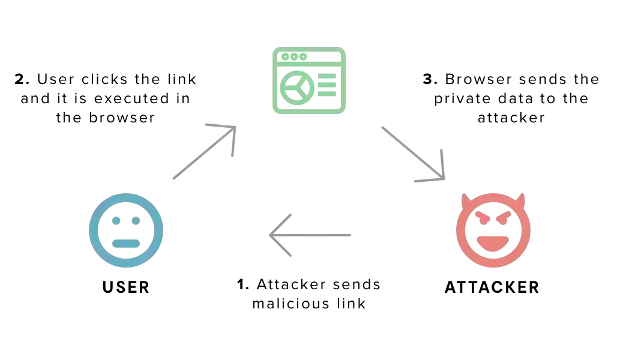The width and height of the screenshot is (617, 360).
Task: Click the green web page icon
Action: [307, 79]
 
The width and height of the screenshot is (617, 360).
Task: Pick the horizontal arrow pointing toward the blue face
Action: [312, 235]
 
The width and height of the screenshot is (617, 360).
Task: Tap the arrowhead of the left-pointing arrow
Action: [279, 235]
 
